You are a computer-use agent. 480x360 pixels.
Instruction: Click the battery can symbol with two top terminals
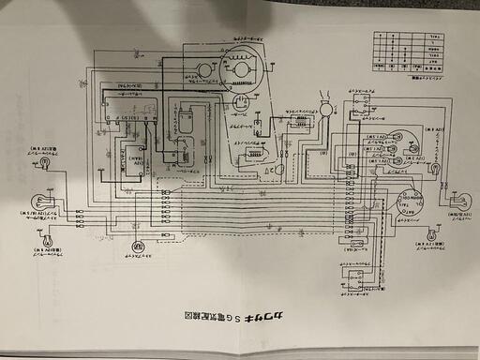pos(184,121)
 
